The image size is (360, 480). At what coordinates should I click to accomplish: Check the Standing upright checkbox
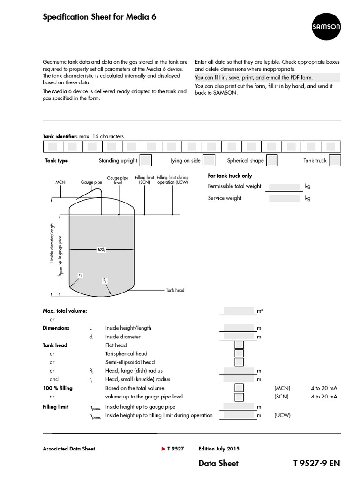pos(146,160)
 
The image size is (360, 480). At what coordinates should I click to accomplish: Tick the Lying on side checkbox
pos(209,160)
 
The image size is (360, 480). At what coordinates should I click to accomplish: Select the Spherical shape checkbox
pos(272,160)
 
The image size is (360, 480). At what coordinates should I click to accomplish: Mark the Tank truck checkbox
pos(334,160)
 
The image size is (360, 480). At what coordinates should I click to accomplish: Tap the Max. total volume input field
pos(238,310)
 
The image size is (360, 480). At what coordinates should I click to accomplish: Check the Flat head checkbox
pos(239,345)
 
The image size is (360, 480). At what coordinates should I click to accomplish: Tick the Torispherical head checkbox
pos(239,353)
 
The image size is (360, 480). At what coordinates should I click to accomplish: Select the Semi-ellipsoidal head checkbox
pos(239,362)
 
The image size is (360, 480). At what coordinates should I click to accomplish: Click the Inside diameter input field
pos(238,336)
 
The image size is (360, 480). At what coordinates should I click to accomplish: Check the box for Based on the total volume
pos(239,388)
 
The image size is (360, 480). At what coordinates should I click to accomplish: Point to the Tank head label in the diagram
pos(175,290)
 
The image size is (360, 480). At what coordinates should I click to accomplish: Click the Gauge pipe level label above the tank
pos(115,180)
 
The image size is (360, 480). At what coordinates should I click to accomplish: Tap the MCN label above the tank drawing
pos(60,182)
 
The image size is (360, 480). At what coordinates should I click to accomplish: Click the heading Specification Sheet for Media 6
pos(99,17)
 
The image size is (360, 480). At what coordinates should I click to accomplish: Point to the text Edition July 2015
pos(219,449)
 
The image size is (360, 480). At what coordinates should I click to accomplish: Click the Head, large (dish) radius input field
pos(238,371)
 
